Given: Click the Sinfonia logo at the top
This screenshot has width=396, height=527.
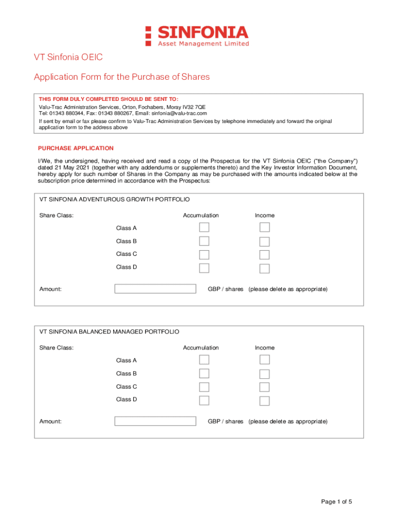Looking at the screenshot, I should pyautogui.click(x=197, y=36).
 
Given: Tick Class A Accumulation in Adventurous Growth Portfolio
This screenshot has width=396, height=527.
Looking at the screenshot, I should pyautogui.click(x=204, y=227).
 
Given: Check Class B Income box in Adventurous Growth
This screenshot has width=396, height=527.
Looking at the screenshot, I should pyautogui.click(x=264, y=241).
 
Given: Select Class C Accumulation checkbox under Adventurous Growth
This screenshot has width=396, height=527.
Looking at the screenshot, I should pyautogui.click(x=204, y=254).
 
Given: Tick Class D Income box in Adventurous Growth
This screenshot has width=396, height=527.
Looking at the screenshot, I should pyautogui.click(x=264, y=268).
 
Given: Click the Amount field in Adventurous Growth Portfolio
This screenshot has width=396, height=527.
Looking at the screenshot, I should pyautogui.click(x=155, y=289).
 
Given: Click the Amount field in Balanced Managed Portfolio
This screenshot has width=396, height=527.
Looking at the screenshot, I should pyautogui.click(x=155, y=421).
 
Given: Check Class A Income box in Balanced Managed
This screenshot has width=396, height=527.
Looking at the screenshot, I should pyautogui.click(x=264, y=360).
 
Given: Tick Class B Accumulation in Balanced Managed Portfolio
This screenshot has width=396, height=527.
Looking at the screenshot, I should pyautogui.click(x=204, y=374).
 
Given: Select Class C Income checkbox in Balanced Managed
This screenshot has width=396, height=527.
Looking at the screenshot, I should pyautogui.click(x=264, y=387).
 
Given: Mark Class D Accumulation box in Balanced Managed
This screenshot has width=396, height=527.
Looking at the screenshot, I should pyautogui.click(x=204, y=400).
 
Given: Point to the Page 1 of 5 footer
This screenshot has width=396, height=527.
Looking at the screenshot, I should pyautogui.click(x=336, y=502).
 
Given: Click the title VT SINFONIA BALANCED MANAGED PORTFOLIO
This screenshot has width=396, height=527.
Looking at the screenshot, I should pyautogui.click(x=109, y=332).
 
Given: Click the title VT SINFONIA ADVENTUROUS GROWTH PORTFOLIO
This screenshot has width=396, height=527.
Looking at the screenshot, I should pyautogui.click(x=115, y=199).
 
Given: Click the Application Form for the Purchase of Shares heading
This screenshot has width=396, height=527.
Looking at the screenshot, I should pyautogui.click(x=122, y=77).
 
